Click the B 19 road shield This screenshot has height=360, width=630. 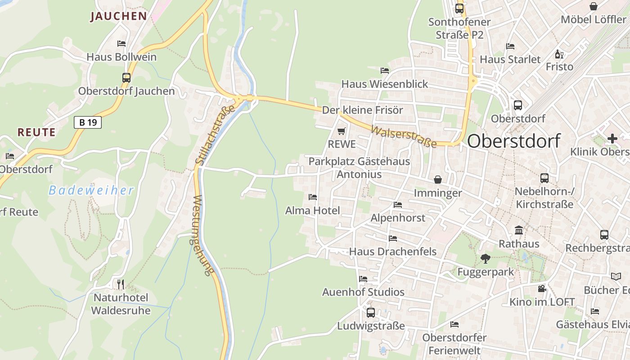point(88,122)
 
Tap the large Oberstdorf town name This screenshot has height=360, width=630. point(513,141)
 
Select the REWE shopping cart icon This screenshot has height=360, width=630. point(342,131)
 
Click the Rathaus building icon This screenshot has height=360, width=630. point(519,230)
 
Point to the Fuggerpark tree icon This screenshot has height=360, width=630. point(485,258)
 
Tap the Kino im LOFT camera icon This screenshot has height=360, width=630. point(542,288)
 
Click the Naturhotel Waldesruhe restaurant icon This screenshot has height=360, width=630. point(120,284)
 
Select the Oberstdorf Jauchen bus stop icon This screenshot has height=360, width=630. point(126,77)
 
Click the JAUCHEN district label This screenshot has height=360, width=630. point(118,17)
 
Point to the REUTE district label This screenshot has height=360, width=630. point(36,132)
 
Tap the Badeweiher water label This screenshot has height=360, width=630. point(91,190)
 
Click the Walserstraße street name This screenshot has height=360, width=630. point(404,136)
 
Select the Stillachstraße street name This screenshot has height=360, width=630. point(216,134)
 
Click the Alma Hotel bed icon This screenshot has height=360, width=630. point(313,197)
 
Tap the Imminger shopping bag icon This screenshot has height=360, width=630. point(438,180)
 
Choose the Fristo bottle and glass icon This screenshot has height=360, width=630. point(559,54)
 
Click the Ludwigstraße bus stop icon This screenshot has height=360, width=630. point(371,312)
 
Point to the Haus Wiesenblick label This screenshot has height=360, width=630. point(385,84)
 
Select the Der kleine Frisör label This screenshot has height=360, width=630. point(362,110)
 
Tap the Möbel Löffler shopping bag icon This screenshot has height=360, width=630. point(594,6)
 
